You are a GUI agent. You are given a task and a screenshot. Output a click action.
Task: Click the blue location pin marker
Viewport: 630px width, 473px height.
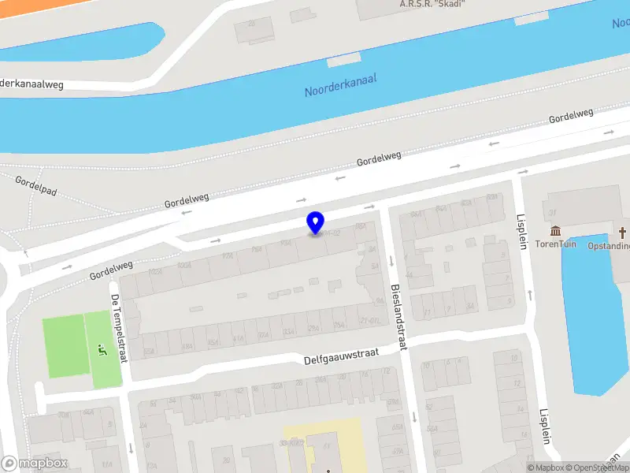pyautogui.click(x=315, y=221)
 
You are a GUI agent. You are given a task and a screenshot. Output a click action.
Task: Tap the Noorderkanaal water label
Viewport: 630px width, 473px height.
pyautogui.click(x=340, y=85)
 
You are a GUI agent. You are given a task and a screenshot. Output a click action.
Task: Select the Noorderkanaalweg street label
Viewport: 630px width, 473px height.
pyautogui.click(x=31, y=83)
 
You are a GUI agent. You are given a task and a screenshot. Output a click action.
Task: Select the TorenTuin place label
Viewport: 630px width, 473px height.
pyautogui.click(x=556, y=244)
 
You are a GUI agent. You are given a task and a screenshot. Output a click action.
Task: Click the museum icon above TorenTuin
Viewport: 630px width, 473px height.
pyautogui.click(x=556, y=231)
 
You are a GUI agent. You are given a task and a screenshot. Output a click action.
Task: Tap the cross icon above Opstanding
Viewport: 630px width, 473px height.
pyautogui.click(x=622, y=233)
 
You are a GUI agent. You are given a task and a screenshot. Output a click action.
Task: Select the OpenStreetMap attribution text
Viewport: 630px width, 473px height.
pyautogui.click(x=597, y=467)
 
